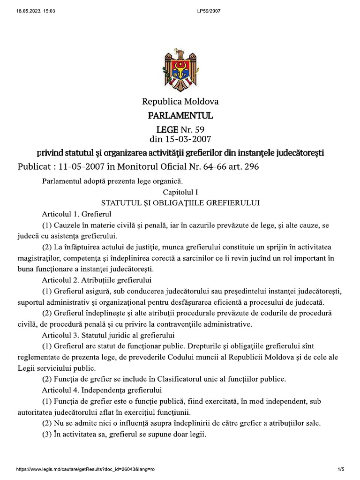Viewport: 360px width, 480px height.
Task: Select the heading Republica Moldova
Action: [x=180, y=101]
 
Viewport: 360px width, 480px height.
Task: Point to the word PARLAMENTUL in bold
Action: [x=180, y=115]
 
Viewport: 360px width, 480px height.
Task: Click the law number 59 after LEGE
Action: [x=199, y=129]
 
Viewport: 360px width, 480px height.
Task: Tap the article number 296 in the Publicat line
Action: [x=248, y=166]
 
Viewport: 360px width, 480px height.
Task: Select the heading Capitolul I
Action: [x=180, y=192]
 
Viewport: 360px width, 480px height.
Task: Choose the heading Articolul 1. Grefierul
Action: [x=75, y=214]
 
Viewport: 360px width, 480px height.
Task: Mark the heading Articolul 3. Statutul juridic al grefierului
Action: [x=108, y=335]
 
